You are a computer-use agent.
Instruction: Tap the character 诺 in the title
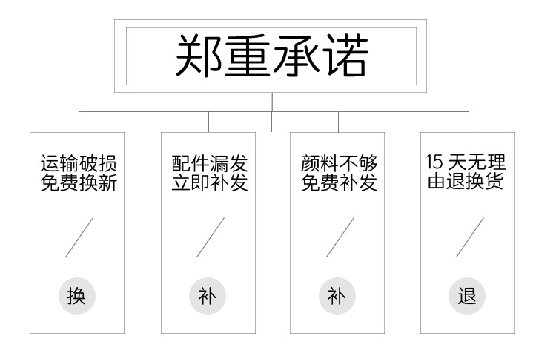pos(342,56)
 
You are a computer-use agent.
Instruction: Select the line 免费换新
pos(78,182)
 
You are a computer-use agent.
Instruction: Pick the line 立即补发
pos(209,182)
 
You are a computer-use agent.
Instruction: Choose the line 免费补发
pos(339,182)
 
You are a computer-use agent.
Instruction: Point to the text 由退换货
pos(466,182)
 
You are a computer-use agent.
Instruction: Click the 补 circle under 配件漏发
pos(208,297)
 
